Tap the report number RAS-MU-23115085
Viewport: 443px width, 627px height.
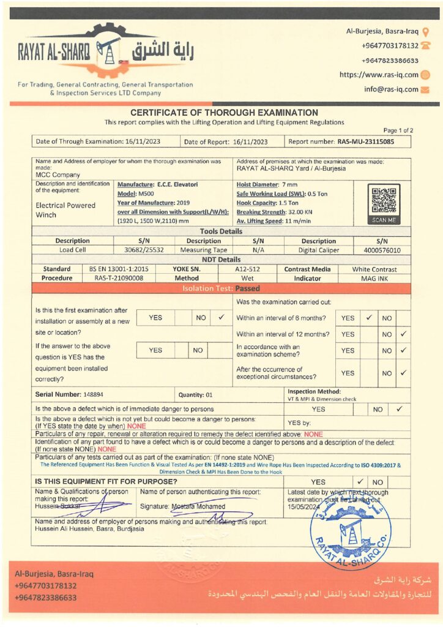tap(366, 141)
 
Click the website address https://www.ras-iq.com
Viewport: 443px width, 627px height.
tap(379, 75)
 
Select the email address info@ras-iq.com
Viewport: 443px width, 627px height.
tap(391, 89)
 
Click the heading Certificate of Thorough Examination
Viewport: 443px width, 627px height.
tap(224, 113)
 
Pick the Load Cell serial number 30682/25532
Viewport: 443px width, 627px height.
tap(144, 250)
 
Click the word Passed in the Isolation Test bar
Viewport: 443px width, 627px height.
tap(247, 288)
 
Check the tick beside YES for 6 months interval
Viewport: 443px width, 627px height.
tap(369, 318)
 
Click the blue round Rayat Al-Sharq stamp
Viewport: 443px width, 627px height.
tap(351, 527)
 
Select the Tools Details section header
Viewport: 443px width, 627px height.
tap(221, 231)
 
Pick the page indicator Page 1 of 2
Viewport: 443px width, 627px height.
tap(398, 130)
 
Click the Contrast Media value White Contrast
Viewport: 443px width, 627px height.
tap(374, 269)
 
